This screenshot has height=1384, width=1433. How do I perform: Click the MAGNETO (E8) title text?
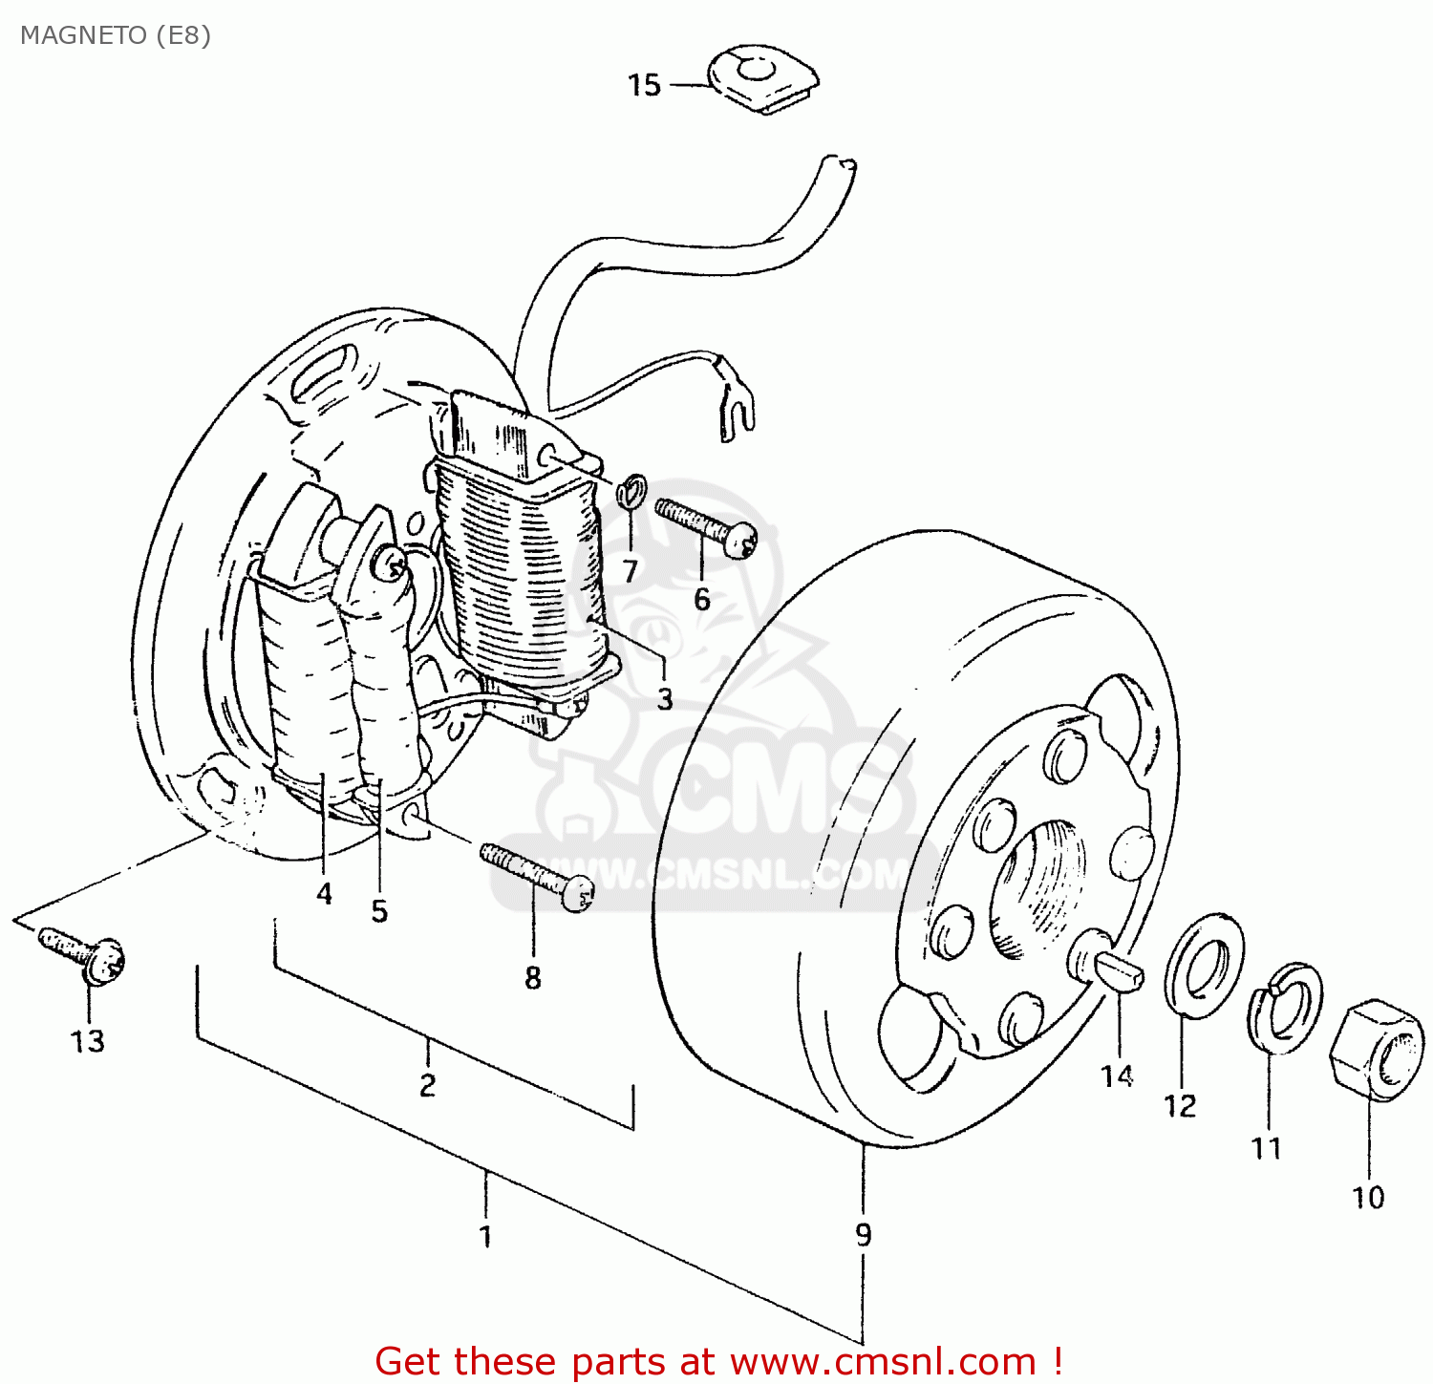point(115,35)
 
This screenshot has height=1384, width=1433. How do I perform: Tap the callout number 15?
point(644,85)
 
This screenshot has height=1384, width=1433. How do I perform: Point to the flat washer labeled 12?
point(1204,964)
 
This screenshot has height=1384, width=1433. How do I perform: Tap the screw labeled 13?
point(85,951)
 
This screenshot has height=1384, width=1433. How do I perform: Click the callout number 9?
point(863,1234)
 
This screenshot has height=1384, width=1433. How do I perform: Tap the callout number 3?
point(665,698)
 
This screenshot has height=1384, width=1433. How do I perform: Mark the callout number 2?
point(427,1085)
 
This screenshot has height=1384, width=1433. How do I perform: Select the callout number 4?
point(324,893)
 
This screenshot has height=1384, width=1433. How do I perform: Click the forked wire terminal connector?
point(735,406)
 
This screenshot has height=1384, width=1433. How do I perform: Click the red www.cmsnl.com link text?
point(883,1360)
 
